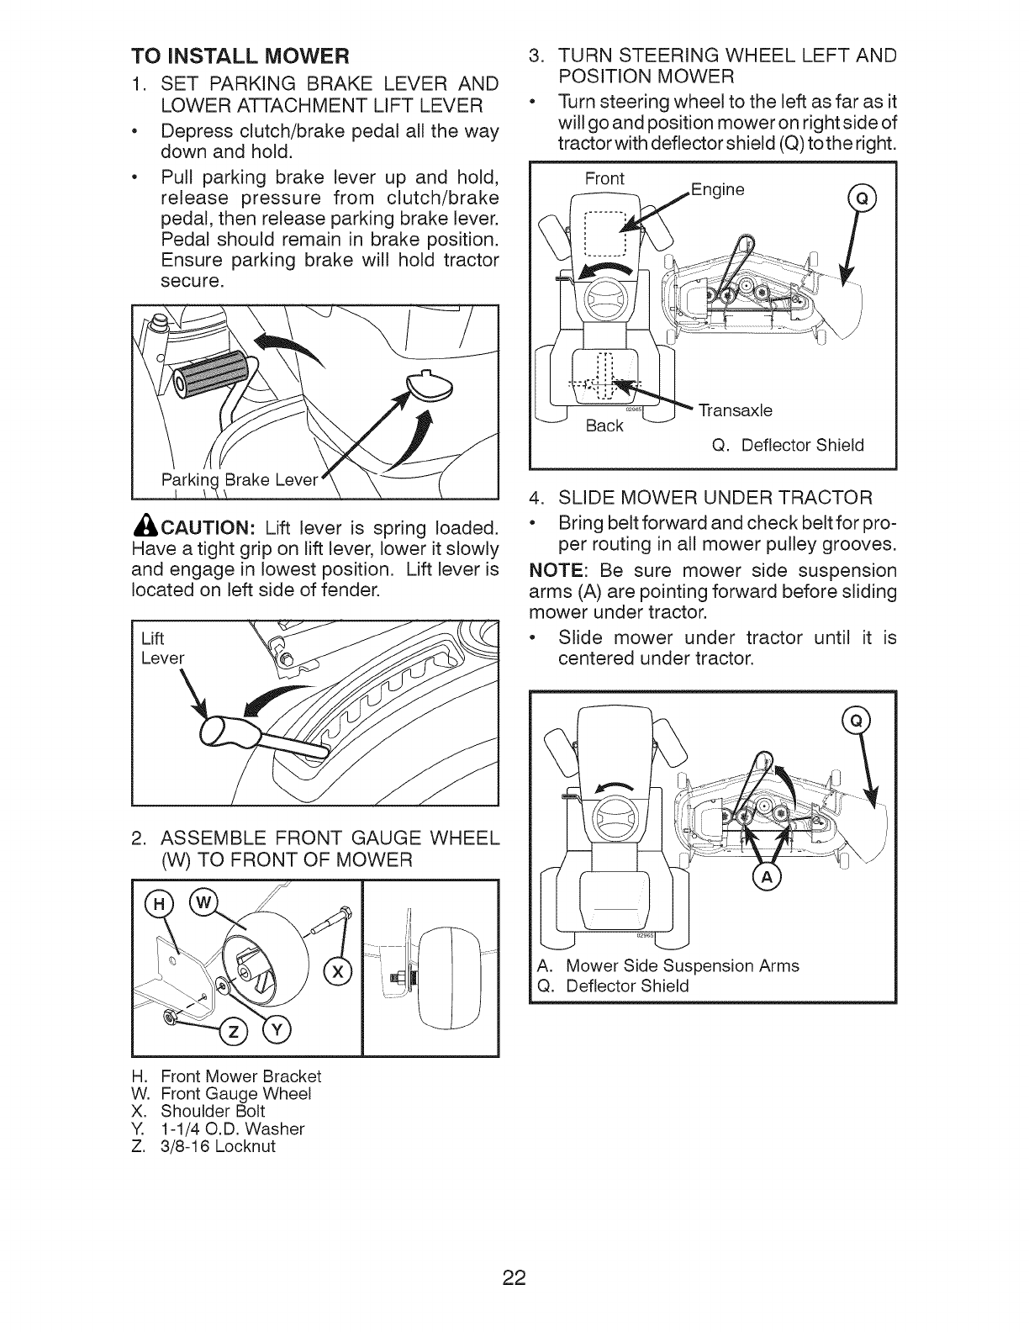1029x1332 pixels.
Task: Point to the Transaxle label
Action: click(736, 410)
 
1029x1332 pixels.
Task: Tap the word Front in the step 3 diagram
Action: click(604, 178)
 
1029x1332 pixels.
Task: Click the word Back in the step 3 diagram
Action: click(604, 425)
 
